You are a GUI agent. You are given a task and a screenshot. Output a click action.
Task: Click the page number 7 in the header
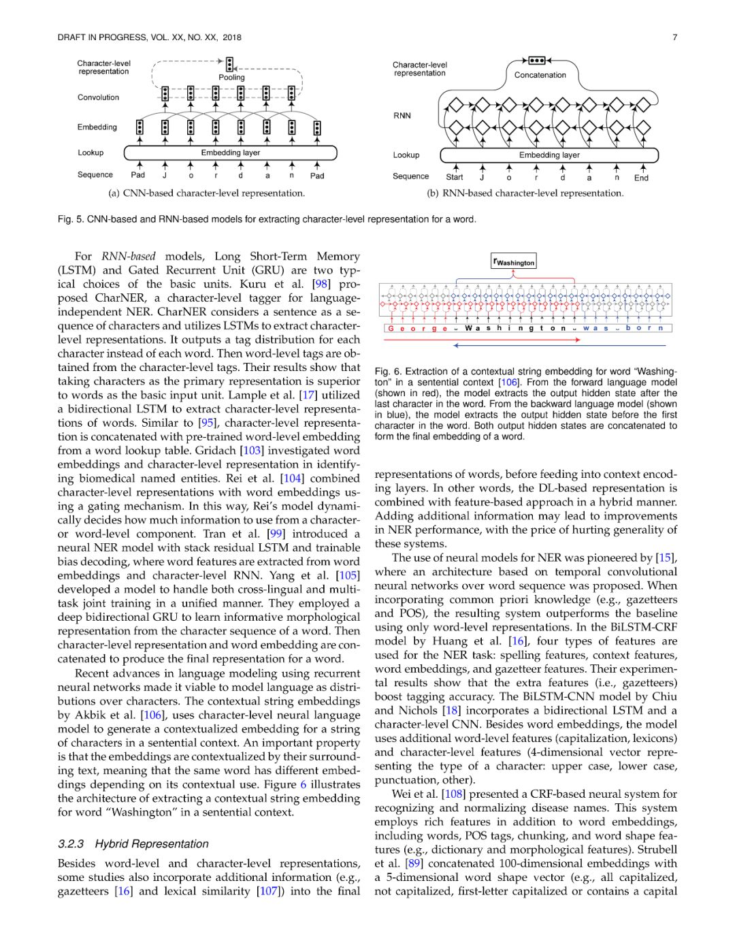click(x=674, y=37)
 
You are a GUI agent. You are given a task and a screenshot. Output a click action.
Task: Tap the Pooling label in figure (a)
click(x=231, y=78)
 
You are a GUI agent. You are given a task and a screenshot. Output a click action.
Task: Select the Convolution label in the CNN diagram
click(x=98, y=97)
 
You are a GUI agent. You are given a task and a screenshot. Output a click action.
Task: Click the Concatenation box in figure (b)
click(x=540, y=75)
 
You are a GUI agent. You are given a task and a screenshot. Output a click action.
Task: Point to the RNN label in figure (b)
click(x=402, y=116)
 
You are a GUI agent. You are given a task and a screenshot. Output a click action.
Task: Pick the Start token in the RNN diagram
click(x=455, y=178)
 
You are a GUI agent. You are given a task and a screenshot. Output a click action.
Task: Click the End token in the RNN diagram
click(x=641, y=178)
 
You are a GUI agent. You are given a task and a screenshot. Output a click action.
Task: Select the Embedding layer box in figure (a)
click(x=230, y=153)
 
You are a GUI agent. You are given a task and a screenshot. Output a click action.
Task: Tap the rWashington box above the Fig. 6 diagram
click(x=514, y=262)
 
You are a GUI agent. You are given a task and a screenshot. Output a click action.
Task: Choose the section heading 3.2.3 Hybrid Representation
click(x=133, y=844)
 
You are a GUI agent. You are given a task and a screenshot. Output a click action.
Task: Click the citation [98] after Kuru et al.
click(x=321, y=284)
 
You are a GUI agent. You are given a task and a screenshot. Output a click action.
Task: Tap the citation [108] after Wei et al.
click(x=453, y=794)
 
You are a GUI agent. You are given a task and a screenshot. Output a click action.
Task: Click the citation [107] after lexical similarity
click(x=269, y=891)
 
